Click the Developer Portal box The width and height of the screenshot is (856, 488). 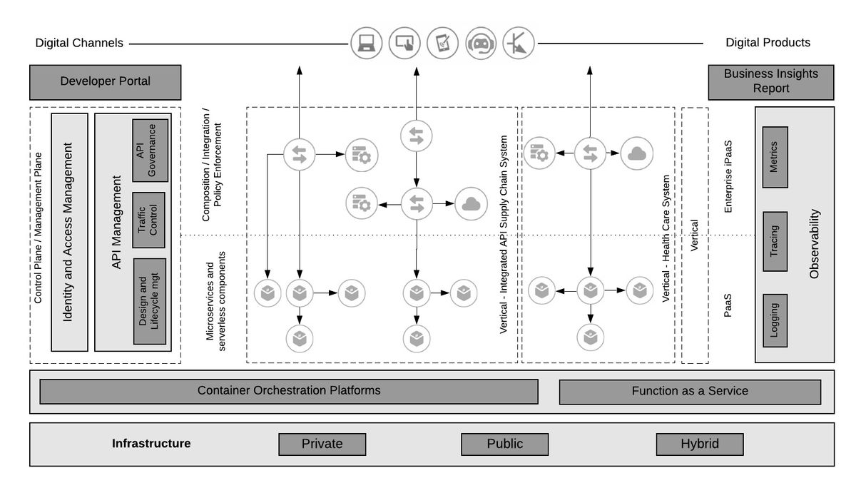point(105,82)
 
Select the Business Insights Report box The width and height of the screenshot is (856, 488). point(771,82)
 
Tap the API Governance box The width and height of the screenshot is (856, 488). point(151,151)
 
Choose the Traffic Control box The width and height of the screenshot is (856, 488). point(148,220)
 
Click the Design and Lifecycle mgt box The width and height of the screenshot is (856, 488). point(150,301)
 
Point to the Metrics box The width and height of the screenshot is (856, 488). point(775,157)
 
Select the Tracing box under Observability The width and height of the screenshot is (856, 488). point(775,241)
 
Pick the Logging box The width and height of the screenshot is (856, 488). point(775,320)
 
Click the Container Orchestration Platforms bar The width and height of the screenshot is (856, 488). point(289,391)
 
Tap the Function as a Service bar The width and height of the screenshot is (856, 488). point(690,392)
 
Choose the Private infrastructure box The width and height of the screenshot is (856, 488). point(322,444)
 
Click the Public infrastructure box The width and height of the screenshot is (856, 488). point(504,444)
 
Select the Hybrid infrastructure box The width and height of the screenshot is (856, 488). point(700,444)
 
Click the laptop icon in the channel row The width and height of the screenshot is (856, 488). point(367,44)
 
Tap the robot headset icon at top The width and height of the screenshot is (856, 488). point(481,44)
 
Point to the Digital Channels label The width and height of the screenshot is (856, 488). point(79,43)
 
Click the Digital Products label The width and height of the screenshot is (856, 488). point(768,42)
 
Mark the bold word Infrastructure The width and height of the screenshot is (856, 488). point(151,443)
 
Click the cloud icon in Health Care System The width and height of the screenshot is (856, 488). point(636,153)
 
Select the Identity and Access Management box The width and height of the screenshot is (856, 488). point(70,232)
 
